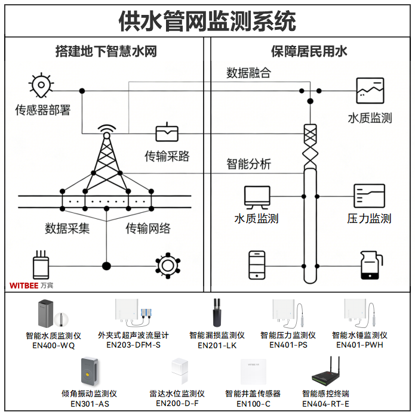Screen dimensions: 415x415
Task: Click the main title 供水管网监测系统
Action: pyautogui.click(x=207, y=22)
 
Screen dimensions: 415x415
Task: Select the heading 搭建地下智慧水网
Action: pyautogui.click(x=106, y=51)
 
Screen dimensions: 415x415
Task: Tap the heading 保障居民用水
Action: pyautogui.click(x=309, y=51)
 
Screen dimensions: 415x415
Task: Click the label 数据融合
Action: pyautogui.click(x=248, y=73)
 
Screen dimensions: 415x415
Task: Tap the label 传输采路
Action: pyautogui.click(x=167, y=156)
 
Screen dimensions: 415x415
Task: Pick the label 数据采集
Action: pyautogui.click(x=67, y=228)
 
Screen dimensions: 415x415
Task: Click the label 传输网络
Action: pyautogui.click(x=148, y=228)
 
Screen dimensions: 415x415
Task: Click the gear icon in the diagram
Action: pyautogui.click(x=167, y=265)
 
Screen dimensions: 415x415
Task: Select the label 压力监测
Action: pyautogui.click(x=369, y=219)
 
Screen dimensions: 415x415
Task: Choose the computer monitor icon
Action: pyautogui.click(x=257, y=197)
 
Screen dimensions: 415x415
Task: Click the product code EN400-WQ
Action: pyautogui.click(x=53, y=345)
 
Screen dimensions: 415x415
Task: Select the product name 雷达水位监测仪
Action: pyautogui.click(x=177, y=394)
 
